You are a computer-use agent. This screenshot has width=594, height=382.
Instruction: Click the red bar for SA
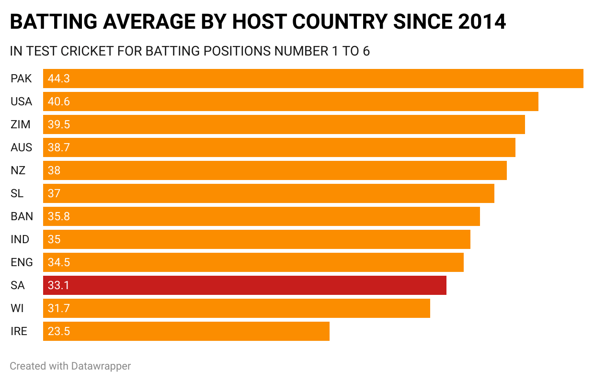point(244,285)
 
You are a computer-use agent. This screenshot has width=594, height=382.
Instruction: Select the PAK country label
point(21,79)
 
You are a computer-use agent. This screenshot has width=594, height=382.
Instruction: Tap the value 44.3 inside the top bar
point(59,79)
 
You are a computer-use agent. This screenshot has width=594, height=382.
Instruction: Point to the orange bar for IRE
point(186,331)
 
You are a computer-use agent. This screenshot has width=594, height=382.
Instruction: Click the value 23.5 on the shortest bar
point(59,331)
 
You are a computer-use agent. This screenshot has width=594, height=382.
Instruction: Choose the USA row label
point(21,101)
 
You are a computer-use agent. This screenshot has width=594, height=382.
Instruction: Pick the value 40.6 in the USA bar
point(59,101)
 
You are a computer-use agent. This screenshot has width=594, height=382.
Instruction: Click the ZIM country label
point(21,124)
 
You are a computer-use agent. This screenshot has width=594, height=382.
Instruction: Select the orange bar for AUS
point(279,147)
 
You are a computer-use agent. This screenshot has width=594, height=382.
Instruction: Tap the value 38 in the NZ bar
point(54,170)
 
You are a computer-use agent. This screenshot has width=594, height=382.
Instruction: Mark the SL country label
point(17,193)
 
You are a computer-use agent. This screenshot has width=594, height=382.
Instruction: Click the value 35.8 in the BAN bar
point(59,216)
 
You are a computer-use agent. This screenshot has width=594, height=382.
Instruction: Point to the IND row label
point(20,239)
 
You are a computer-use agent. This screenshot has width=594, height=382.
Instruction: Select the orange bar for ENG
point(253,262)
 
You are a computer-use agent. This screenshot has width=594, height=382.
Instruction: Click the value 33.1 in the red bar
point(59,285)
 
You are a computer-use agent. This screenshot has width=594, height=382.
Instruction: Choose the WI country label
point(17,308)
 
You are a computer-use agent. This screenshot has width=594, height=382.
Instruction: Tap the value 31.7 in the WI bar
point(59,308)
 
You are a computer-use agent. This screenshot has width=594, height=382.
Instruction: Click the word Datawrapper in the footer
point(101,366)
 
